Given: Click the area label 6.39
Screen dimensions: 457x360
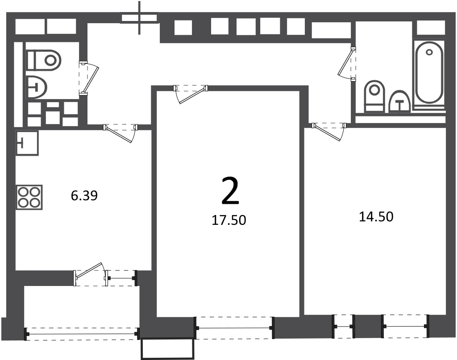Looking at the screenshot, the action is [x=84, y=195].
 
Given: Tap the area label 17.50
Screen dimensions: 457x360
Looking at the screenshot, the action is [x=229, y=220].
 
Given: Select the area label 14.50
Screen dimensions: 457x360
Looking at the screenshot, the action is [x=376, y=217].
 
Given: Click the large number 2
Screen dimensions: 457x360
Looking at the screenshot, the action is [x=230, y=191].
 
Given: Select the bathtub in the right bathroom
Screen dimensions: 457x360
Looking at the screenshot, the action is [x=429, y=72].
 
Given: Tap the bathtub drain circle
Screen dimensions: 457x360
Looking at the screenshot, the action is [x=429, y=53].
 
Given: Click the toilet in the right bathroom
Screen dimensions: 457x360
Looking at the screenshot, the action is [x=374, y=96].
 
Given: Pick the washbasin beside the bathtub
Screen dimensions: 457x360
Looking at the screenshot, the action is [x=400, y=102].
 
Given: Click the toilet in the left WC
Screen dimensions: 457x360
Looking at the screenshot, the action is [x=44, y=60].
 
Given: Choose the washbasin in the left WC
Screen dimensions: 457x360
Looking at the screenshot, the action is [x=37, y=87].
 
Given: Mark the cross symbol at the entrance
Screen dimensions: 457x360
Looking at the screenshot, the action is [x=140, y=18].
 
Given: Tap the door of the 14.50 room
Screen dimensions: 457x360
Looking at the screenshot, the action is [x=329, y=132].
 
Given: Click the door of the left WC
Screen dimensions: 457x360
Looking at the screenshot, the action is [x=89, y=79].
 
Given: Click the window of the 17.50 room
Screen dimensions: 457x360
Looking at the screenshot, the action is [x=235, y=328].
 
